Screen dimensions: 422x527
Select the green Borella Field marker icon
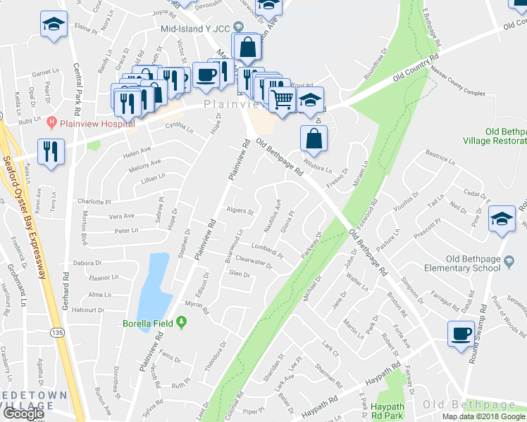(x=182, y=323)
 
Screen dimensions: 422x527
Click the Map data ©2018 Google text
(x=483, y=416)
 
